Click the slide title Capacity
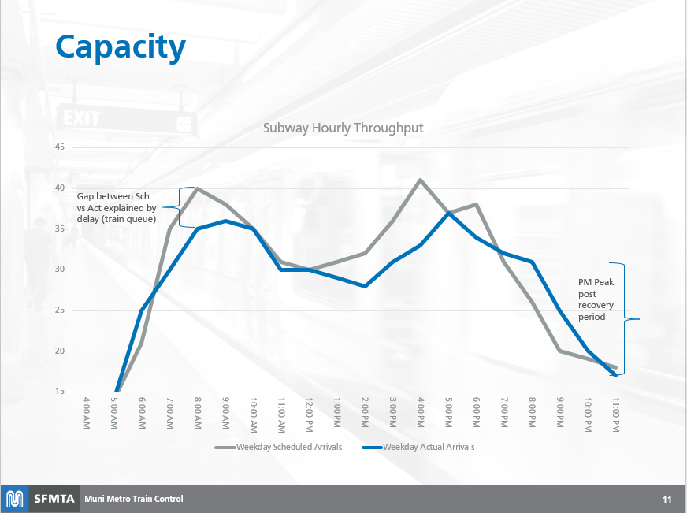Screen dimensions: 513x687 (x=121, y=47)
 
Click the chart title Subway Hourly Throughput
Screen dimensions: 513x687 (x=343, y=128)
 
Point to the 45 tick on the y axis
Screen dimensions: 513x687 (x=60, y=147)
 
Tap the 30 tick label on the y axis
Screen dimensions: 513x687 (x=60, y=270)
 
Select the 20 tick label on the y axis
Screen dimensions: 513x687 (x=60, y=351)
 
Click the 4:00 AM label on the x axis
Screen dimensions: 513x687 (x=87, y=414)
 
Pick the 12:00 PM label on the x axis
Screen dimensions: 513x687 (x=310, y=414)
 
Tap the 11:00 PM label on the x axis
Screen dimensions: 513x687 (x=615, y=414)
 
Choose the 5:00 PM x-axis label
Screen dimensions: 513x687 (x=448, y=414)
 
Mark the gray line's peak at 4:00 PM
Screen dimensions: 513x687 (x=421, y=180)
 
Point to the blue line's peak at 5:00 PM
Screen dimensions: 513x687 (x=448, y=213)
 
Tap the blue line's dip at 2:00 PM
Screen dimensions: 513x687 (x=365, y=286)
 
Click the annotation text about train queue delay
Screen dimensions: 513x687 (x=117, y=206)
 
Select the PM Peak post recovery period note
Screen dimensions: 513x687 (x=592, y=299)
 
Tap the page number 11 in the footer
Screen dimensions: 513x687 (x=667, y=500)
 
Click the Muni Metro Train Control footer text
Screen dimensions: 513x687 (x=134, y=499)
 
